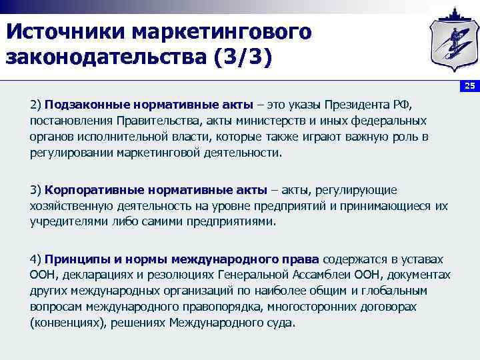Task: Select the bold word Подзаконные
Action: point(86,105)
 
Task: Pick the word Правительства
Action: point(154,121)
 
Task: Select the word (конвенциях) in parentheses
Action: point(63,323)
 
